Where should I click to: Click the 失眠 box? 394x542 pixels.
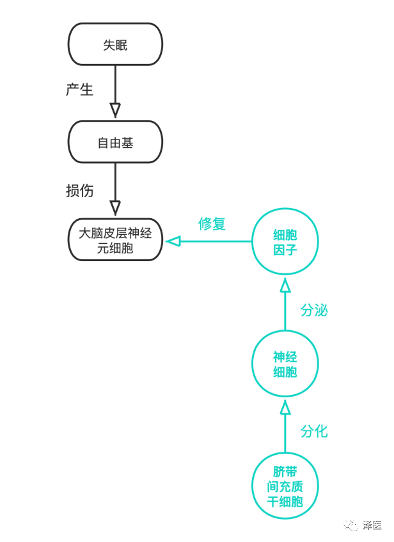[115, 44]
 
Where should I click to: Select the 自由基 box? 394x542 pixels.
[115, 142]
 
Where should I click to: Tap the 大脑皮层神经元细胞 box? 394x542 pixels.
[115, 240]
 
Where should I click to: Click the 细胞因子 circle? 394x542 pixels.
[285, 242]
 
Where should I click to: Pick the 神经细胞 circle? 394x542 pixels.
[285, 364]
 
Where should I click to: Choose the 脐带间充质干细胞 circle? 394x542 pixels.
[285, 486]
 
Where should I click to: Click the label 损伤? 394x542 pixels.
[80, 191]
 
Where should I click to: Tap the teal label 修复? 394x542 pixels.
[212, 224]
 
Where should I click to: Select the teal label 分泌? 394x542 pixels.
[314, 310]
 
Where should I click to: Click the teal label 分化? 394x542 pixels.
[314, 431]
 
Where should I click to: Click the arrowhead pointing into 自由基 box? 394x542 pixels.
[115, 110]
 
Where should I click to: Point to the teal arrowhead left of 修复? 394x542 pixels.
[173, 241]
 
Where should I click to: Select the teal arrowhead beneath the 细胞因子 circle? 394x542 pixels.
[285, 283]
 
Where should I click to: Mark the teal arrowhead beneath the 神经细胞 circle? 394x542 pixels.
[285, 407]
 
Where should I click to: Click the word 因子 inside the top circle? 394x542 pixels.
[285, 250]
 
